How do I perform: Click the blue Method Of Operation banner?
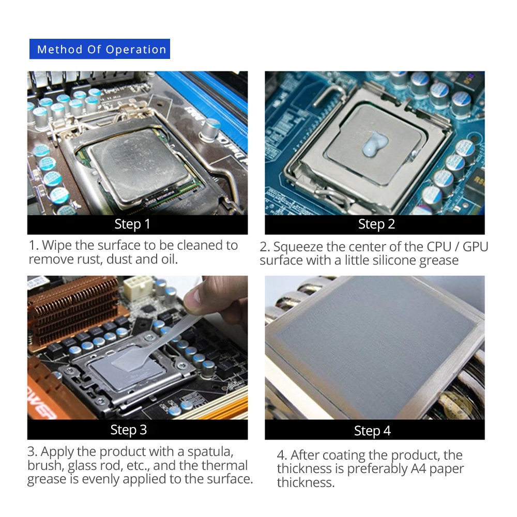click(100, 49)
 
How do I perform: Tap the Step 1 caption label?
click(132, 224)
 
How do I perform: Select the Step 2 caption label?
click(376, 224)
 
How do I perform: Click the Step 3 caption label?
click(128, 430)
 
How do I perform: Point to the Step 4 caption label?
click(372, 431)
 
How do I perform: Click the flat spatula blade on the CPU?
click(132, 360)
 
